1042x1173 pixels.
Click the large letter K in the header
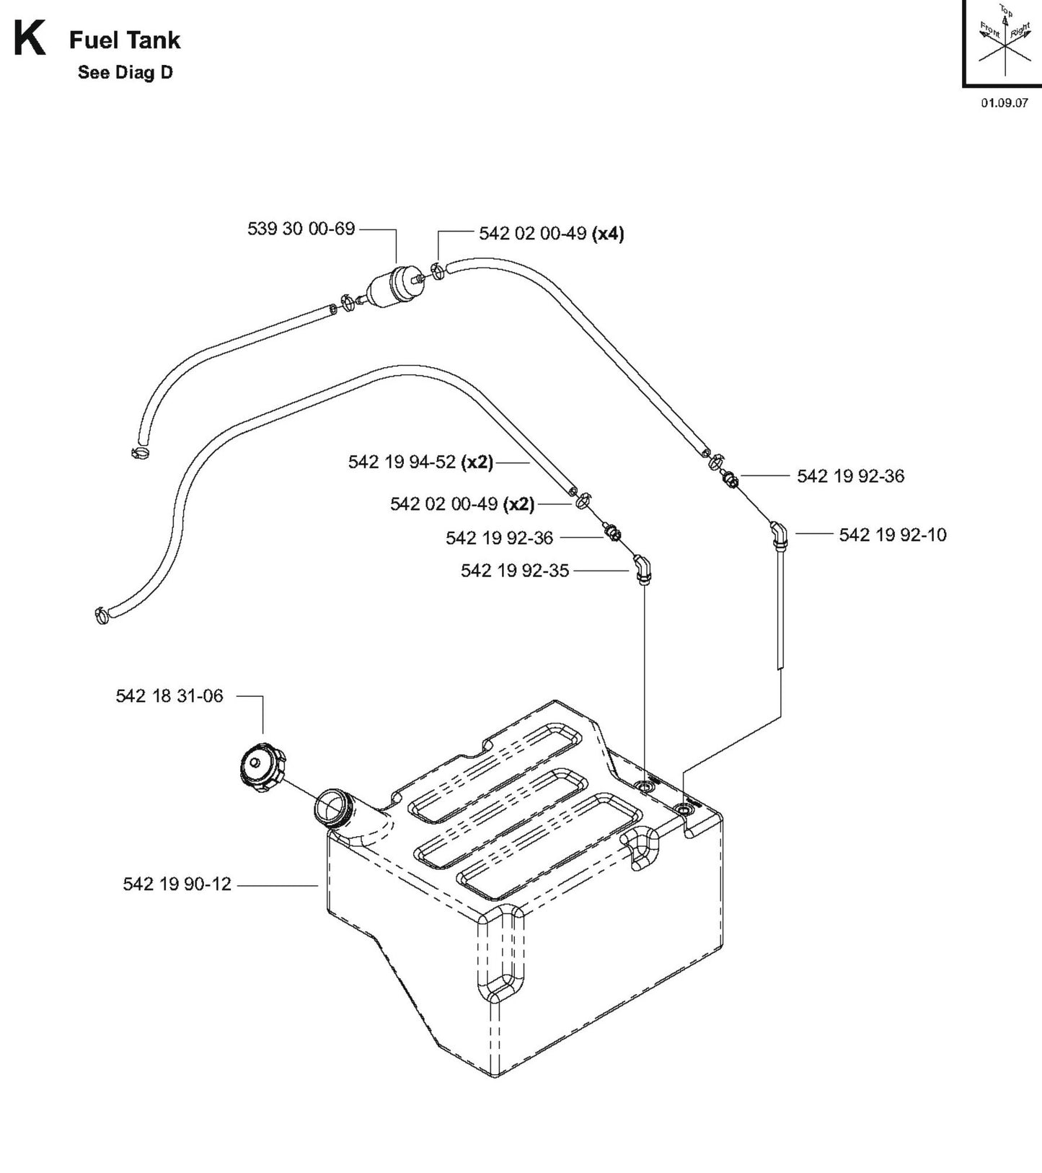[29, 40]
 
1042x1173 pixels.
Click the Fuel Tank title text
[125, 40]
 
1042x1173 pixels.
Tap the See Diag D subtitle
[125, 73]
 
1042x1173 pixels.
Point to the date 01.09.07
[1004, 102]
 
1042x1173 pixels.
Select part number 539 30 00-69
[301, 229]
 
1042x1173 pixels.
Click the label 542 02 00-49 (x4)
[551, 234]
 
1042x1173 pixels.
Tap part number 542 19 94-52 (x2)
[420, 462]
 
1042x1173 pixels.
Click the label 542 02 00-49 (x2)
[462, 504]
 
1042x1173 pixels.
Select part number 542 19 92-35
[515, 571]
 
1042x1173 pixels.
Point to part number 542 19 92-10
[892, 535]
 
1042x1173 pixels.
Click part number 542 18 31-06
[169, 696]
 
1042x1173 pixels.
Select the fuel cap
[260, 770]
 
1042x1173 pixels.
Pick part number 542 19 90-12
[177, 884]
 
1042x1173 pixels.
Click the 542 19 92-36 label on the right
[850, 476]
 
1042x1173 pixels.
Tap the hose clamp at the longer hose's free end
[102, 615]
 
